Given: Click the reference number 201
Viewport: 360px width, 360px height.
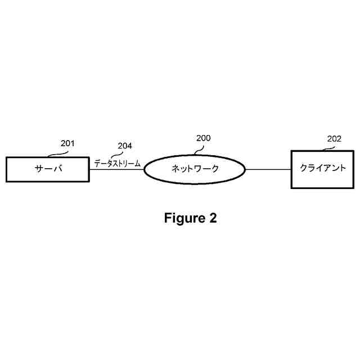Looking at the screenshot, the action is click(x=67, y=144).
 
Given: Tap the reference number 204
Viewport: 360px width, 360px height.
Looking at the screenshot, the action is click(x=125, y=146).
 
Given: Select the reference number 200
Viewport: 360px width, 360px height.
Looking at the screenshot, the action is click(x=203, y=138).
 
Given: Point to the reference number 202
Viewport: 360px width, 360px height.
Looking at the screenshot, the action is click(x=334, y=138).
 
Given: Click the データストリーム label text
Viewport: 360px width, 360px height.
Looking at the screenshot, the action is click(x=117, y=163).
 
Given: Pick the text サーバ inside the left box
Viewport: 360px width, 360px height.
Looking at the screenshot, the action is click(x=47, y=169).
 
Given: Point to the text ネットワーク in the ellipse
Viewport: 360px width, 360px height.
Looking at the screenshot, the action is click(x=195, y=169).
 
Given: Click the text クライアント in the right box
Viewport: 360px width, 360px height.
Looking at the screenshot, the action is click(x=322, y=169).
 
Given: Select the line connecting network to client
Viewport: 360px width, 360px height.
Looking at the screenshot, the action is click(x=268, y=169).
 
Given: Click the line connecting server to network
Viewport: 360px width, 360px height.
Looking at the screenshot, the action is click(x=116, y=169).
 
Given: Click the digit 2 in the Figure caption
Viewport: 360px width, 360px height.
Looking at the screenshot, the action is click(x=213, y=218).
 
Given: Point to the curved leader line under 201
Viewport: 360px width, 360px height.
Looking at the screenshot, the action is click(x=56, y=153).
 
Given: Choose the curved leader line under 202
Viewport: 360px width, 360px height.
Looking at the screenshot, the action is click(x=327, y=148).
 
